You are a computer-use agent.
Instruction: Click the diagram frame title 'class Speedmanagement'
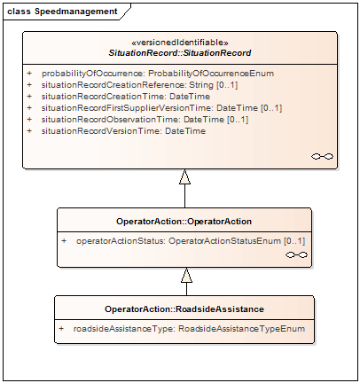(x=62, y=12)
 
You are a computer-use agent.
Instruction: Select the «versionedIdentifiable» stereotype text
(x=180, y=43)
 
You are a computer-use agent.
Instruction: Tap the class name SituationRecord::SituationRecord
(x=180, y=53)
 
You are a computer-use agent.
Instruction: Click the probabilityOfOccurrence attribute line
(x=158, y=74)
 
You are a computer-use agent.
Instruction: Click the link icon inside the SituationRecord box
(x=322, y=156)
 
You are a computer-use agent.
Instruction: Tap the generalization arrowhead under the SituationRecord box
(x=184, y=176)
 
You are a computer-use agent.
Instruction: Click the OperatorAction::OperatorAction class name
(x=184, y=222)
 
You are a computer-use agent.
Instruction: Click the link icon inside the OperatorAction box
(x=296, y=254)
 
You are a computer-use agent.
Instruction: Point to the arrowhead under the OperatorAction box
(x=186, y=275)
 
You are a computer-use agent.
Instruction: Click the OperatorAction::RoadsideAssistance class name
(x=184, y=309)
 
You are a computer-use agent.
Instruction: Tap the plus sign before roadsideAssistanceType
(x=61, y=329)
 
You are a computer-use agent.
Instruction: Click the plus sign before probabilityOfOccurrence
(x=29, y=73)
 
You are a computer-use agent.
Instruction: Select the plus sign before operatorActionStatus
(x=64, y=241)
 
